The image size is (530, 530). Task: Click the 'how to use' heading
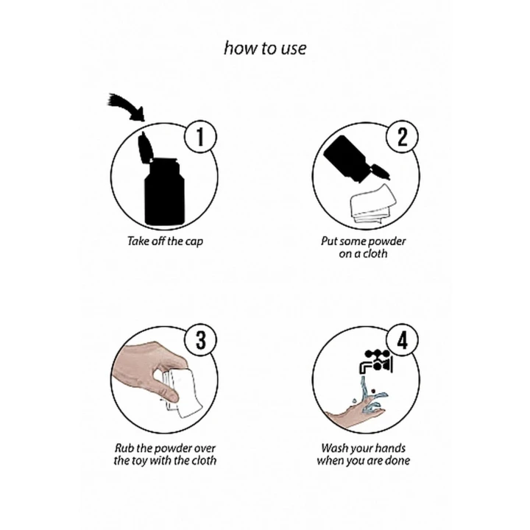265,48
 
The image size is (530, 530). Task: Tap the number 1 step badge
200,137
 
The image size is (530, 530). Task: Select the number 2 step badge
402,137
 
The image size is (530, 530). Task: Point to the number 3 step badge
200,340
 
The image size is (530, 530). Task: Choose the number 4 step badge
402,340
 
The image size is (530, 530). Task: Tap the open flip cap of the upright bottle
145,147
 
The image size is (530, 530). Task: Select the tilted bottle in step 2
355,160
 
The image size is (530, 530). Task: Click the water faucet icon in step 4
376,361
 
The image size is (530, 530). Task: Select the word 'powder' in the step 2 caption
386,242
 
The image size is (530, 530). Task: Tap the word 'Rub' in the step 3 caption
124,448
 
